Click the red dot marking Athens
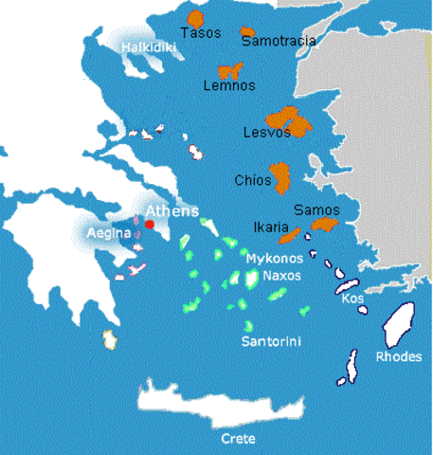coord(149,225)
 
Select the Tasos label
coord(201,32)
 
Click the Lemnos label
coord(229,86)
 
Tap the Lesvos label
coord(266,133)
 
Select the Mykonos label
coord(274,258)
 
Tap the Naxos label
coord(281,277)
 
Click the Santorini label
coord(272,340)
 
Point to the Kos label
coord(353,299)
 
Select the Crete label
coord(237,440)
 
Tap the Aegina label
coord(104,233)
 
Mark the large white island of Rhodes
coord(397,326)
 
